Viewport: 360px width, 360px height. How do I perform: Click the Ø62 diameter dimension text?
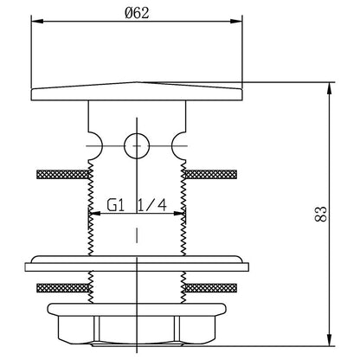point(137,13)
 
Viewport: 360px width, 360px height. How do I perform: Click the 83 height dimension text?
point(321,214)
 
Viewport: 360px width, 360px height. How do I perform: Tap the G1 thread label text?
point(115,205)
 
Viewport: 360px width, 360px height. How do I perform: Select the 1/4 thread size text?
point(151,205)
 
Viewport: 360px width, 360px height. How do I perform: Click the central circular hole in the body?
point(137,146)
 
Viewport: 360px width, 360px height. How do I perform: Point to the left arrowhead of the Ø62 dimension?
point(37,21)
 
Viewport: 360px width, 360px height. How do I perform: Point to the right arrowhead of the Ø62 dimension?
point(236,21)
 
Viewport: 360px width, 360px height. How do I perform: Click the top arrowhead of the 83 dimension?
point(329,88)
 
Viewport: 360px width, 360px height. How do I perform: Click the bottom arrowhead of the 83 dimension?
point(329,340)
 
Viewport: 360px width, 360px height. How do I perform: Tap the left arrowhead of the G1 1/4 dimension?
point(94,214)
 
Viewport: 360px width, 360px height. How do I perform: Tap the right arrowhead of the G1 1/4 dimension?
point(179,214)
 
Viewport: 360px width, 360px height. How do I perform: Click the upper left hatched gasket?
point(62,174)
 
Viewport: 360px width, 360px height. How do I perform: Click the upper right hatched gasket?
point(211,174)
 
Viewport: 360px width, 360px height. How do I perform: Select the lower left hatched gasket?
point(62,288)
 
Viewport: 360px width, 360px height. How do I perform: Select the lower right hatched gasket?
point(211,288)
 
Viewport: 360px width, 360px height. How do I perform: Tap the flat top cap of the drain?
point(137,92)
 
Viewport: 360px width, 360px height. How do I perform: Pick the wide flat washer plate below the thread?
point(137,263)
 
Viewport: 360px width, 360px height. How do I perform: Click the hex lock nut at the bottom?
point(137,325)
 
